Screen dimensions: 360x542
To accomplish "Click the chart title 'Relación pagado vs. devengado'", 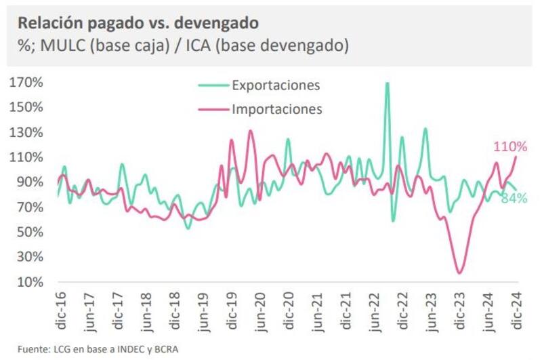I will (138, 24).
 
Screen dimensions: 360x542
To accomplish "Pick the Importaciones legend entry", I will (276, 108).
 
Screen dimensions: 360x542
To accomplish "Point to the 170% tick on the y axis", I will (26, 83).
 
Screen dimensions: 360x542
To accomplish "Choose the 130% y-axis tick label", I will (26, 132).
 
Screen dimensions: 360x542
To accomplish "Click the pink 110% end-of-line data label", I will (510, 146).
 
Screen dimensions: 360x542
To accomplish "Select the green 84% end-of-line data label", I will (514, 199).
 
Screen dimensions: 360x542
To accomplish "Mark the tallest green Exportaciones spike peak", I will (387, 83).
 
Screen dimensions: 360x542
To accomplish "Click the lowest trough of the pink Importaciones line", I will (461, 273).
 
